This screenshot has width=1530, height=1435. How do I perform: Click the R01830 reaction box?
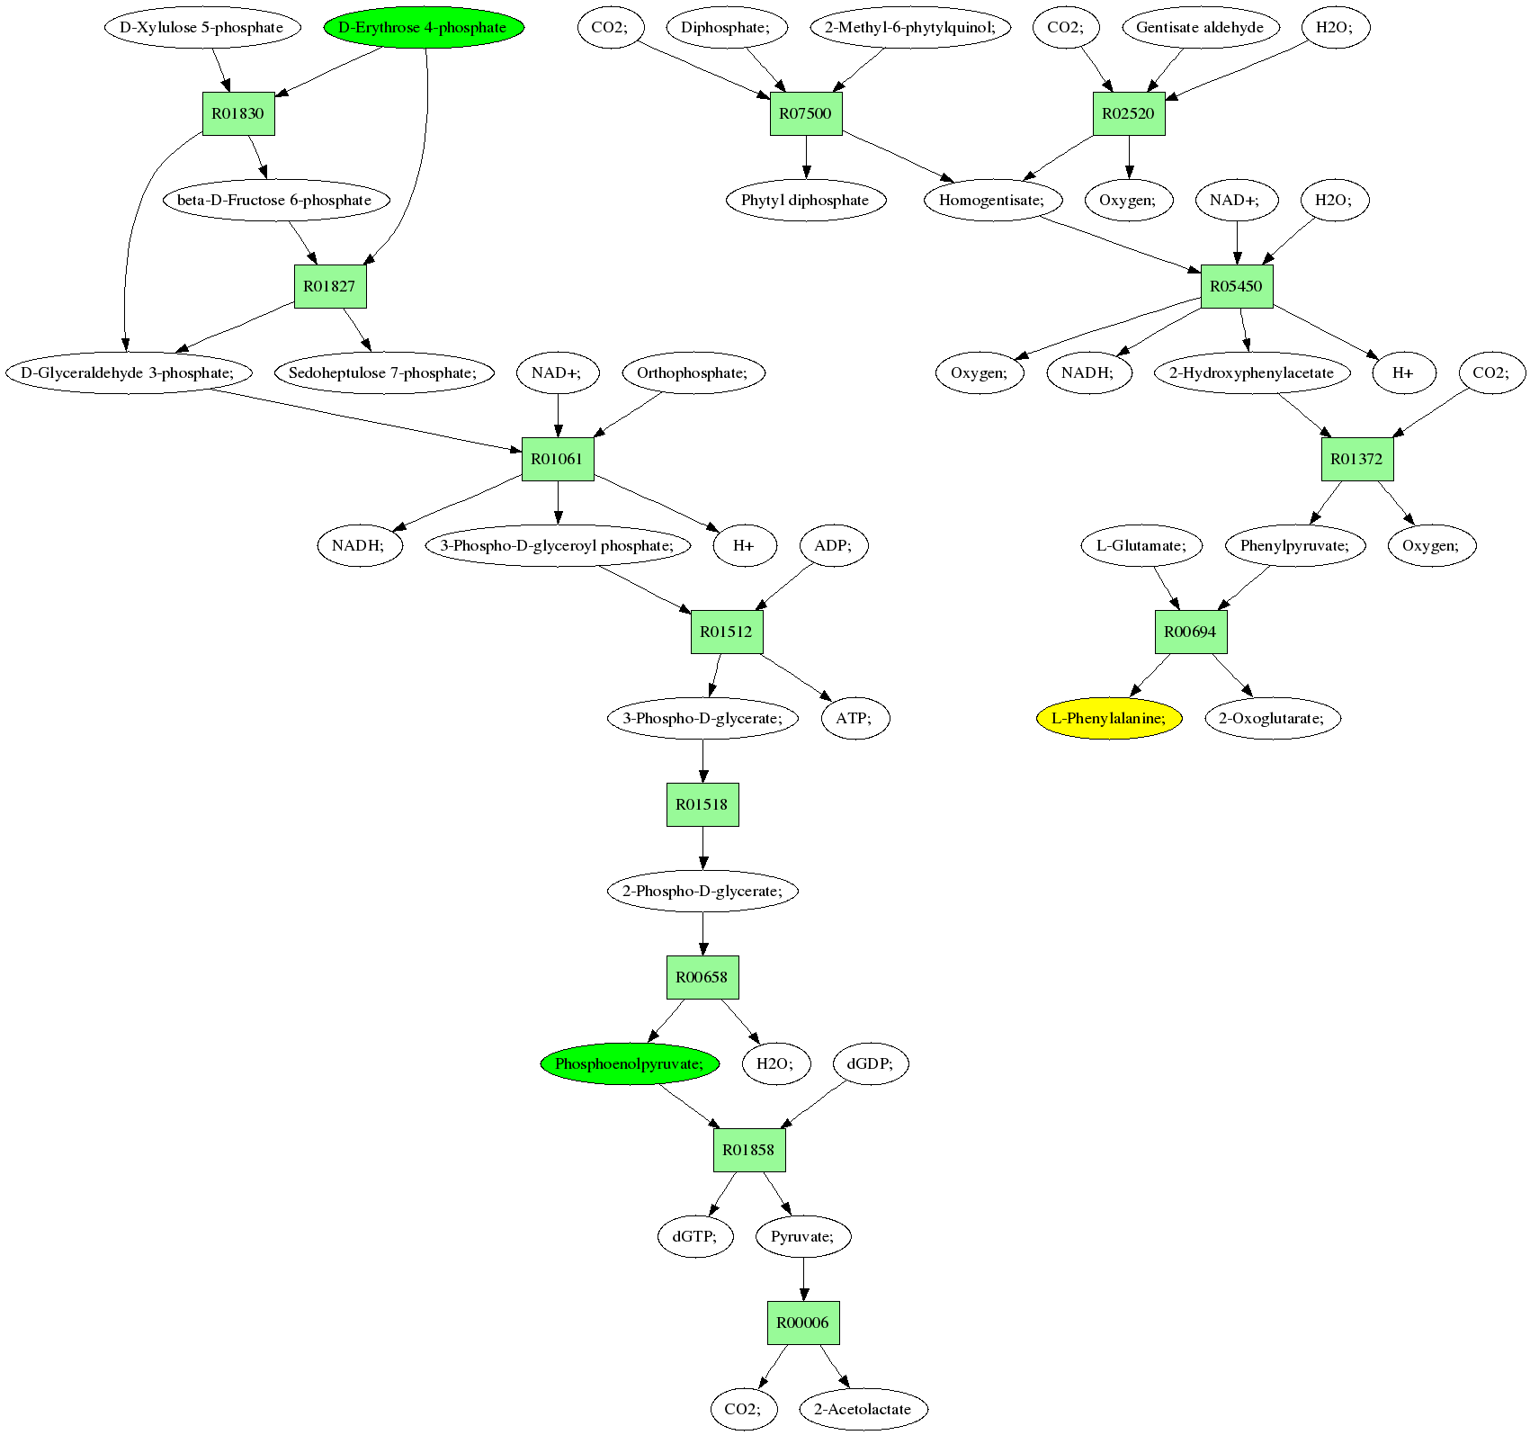point(238,113)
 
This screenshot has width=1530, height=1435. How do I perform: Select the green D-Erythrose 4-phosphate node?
point(423,27)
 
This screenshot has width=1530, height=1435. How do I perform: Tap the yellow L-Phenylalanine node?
point(1108,718)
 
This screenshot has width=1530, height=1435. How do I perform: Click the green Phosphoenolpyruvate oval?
point(630,1063)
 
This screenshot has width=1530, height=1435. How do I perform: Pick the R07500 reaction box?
point(806,113)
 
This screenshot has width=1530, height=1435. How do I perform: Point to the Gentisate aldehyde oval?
point(1199,27)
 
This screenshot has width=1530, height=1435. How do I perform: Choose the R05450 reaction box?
point(1237,286)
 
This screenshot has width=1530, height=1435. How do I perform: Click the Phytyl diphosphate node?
point(805,200)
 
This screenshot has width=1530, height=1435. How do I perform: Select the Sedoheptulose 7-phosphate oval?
point(384,372)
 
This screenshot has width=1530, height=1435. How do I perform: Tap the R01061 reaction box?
point(558,459)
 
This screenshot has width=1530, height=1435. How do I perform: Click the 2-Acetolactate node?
point(863,1409)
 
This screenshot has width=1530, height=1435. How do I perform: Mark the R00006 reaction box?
point(803,1323)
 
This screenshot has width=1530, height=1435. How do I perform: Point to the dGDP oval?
point(871,1063)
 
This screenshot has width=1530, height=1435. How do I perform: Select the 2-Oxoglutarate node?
point(1272,718)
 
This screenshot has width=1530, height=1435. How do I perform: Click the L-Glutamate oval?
point(1141,545)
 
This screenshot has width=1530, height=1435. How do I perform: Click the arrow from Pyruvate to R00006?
point(803,1279)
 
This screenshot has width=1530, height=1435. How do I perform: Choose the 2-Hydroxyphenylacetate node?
point(1251,372)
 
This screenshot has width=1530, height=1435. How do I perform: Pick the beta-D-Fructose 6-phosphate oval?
point(275,200)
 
